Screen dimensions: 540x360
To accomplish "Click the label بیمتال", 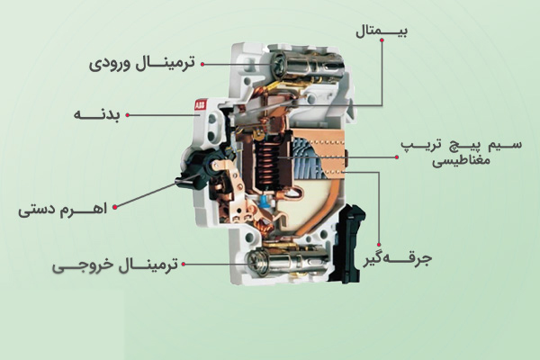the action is (x=382, y=31).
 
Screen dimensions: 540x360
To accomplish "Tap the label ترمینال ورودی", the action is (x=142, y=64).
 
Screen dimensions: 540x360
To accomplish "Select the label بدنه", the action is (x=97, y=115).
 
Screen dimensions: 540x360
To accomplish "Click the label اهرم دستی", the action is (x=63, y=209).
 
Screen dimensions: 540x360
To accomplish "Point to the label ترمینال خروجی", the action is (x=115, y=265).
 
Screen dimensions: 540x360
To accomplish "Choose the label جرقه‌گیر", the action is (x=398, y=259).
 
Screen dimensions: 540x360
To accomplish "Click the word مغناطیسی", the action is (x=461, y=162).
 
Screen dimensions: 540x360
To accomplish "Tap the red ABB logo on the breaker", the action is (x=200, y=105).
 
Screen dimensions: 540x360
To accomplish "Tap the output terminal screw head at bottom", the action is (x=256, y=263).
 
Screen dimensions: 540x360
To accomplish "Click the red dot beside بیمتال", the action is (x=382, y=40).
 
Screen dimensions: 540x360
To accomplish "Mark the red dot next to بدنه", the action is (x=128, y=115).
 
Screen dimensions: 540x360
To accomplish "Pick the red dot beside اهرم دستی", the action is (x=115, y=207).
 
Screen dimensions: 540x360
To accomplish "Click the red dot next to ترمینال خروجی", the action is (x=184, y=265).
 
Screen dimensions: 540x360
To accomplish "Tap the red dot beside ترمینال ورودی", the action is (x=202, y=64).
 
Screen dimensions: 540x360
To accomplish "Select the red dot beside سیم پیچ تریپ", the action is (x=397, y=157).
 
